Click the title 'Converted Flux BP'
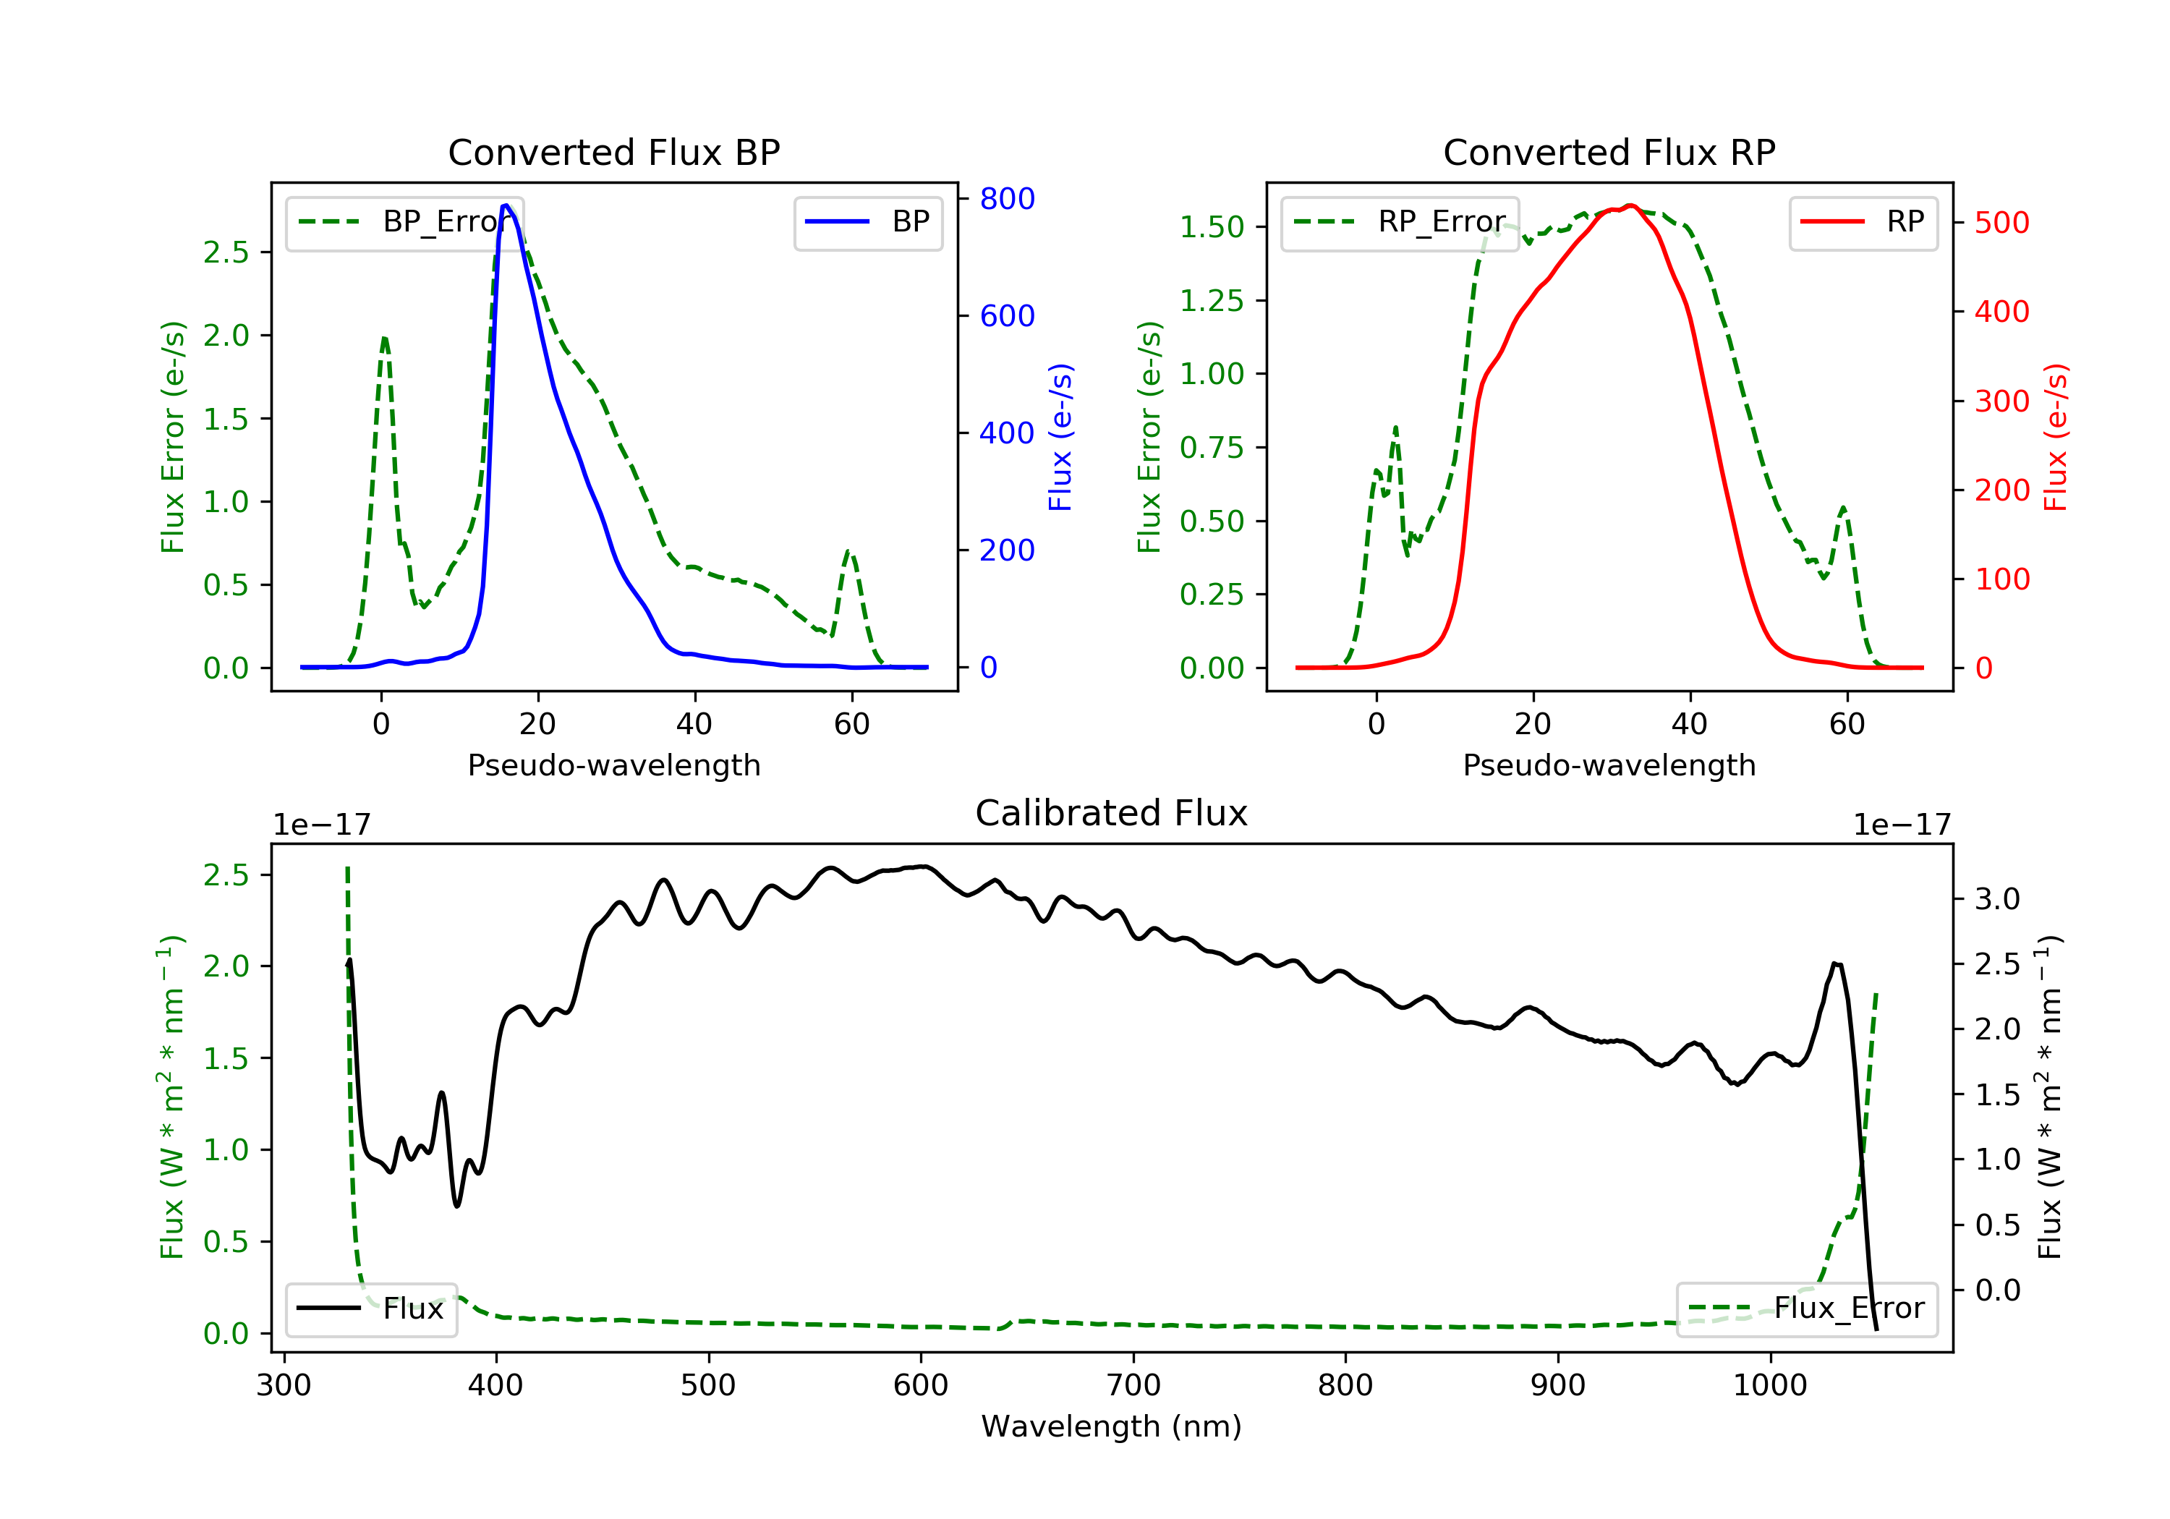tap(614, 152)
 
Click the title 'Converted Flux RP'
tap(1609, 152)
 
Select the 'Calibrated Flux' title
tap(1112, 813)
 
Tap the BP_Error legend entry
tap(404, 222)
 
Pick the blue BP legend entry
tap(867, 222)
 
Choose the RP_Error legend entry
tap(1400, 222)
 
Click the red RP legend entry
tap(1863, 222)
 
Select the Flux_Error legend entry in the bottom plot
tap(1806, 1309)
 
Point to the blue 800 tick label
tap(1007, 198)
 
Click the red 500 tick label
tap(2001, 223)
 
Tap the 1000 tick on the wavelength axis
tap(1770, 1386)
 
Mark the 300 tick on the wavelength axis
tap(284, 1386)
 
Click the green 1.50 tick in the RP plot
tap(1212, 227)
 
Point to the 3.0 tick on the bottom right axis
tap(1997, 899)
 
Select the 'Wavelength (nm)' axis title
tap(1112, 1426)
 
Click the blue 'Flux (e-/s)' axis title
tap(1060, 437)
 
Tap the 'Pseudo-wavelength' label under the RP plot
tap(1609, 765)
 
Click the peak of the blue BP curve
tap(506, 205)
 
